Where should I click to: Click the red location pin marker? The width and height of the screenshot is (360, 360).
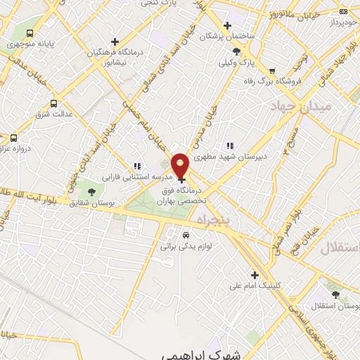point(181,165)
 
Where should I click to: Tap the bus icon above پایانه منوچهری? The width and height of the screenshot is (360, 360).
point(30,33)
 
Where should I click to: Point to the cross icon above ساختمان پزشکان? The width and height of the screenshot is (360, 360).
point(227,25)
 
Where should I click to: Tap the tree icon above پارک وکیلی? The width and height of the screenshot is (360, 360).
point(236,51)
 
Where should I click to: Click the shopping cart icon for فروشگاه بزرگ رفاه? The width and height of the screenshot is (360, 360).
point(272,70)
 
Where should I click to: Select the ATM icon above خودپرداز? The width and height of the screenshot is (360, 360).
point(343,11)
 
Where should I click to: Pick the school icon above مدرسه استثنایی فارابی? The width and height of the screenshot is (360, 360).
point(136,167)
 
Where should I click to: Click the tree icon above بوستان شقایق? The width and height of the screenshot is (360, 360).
point(91,191)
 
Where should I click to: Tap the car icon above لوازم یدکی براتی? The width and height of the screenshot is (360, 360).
point(186,236)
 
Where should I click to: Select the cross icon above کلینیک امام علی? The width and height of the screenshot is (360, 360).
point(255,275)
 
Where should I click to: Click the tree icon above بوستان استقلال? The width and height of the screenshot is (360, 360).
point(333,295)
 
